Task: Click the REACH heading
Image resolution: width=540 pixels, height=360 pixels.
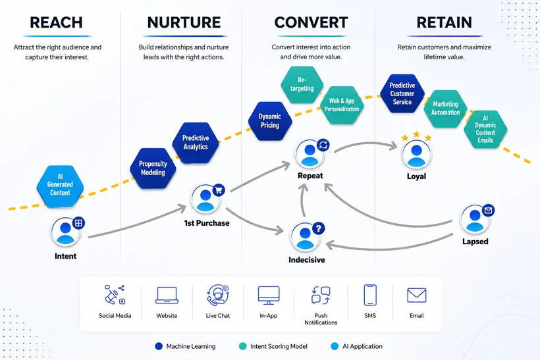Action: [x=56, y=22]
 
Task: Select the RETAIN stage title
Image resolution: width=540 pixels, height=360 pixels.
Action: [x=445, y=22]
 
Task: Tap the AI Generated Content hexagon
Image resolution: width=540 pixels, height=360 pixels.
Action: [x=60, y=186]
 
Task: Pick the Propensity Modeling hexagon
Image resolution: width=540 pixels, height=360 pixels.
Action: [x=153, y=168]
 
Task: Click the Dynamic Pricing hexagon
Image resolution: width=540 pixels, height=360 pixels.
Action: [x=270, y=121]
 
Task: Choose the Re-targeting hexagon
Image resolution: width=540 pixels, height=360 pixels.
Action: [x=302, y=84]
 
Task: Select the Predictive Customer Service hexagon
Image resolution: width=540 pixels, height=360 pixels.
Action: [x=402, y=93]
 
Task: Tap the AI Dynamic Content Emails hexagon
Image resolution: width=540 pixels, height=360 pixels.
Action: [x=485, y=130]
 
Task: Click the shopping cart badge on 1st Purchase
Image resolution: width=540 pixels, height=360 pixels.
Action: [x=219, y=190]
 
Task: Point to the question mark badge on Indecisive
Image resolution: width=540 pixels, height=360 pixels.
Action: [x=319, y=228]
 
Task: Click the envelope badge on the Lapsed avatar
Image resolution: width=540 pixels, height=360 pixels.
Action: [x=488, y=210]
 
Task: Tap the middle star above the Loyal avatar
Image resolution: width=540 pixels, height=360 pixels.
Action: [x=416, y=134]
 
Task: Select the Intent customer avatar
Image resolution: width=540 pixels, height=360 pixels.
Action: [x=65, y=231]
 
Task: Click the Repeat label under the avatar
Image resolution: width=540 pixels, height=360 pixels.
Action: [x=310, y=176]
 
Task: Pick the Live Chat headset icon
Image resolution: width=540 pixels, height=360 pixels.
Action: [x=218, y=296]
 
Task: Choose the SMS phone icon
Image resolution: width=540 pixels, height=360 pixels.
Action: [x=370, y=295]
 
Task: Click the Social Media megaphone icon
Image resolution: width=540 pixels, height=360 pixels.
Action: [x=115, y=295]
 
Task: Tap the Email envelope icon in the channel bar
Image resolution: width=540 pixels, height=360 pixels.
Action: [x=417, y=296]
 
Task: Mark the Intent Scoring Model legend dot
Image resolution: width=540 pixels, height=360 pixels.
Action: [x=243, y=346]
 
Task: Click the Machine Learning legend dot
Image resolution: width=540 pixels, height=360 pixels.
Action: [x=159, y=346]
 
